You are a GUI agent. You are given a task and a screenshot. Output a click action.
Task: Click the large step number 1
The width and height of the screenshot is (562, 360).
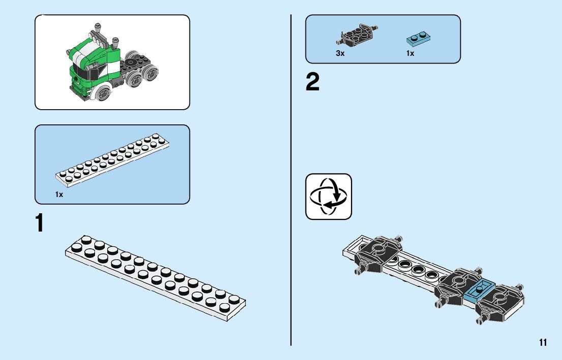(x=39, y=223)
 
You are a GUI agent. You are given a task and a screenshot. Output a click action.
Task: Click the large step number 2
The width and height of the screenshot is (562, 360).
(x=313, y=82)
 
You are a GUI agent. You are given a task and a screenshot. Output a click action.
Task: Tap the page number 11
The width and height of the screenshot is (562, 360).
(x=543, y=342)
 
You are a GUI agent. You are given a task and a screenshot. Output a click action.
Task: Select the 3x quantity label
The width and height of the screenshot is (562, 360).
(x=340, y=53)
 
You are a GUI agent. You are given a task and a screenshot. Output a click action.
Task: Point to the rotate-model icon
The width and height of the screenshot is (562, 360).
(x=328, y=197)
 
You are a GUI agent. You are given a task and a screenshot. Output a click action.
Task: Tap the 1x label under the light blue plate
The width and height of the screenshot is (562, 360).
(x=410, y=53)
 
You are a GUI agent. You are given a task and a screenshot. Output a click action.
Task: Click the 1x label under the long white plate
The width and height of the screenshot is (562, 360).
(x=59, y=194)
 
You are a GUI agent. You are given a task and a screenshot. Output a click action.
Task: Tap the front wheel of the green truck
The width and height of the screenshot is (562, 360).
(x=103, y=93)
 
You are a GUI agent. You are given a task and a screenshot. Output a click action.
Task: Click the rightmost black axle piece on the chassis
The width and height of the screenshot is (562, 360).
(x=501, y=302)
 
